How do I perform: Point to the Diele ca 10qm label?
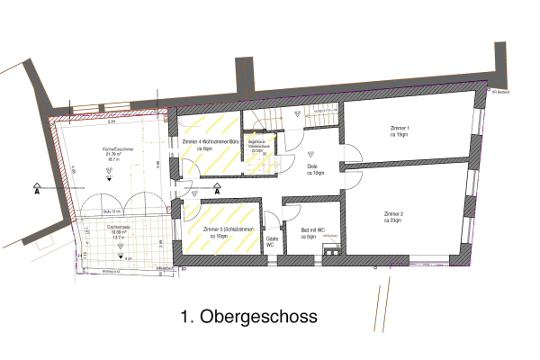[x=315, y=168]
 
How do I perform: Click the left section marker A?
[x=36, y=190]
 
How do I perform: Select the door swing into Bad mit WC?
[x=292, y=211]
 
